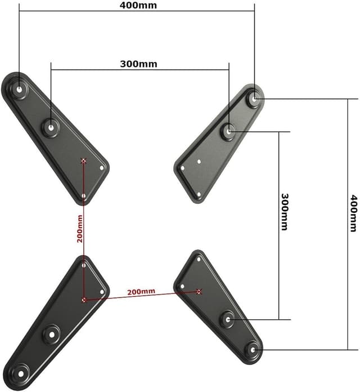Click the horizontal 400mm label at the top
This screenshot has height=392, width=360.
(x=138, y=6)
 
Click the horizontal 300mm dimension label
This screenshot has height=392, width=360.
(x=138, y=64)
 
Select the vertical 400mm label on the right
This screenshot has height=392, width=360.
(x=353, y=213)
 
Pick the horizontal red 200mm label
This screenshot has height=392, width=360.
(x=141, y=292)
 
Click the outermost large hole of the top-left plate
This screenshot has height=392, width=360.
(x=20, y=89)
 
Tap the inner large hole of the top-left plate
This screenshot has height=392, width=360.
(x=51, y=127)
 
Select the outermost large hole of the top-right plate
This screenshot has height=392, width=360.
(x=255, y=98)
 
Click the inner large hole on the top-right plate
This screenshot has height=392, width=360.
(x=229, y=131)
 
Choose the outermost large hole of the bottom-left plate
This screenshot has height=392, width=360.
(x=20, y=372)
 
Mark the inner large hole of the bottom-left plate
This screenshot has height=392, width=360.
(x=51, y=334)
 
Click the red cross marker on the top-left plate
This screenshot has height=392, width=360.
(x=84, y=161)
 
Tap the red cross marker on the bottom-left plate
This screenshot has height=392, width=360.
(x=84, y=300)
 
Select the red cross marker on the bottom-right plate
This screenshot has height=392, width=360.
(x=199, y=291)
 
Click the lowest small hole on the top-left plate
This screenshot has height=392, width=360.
(x=83, y=196)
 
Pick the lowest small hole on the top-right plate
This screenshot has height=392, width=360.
(x=199, y=195)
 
